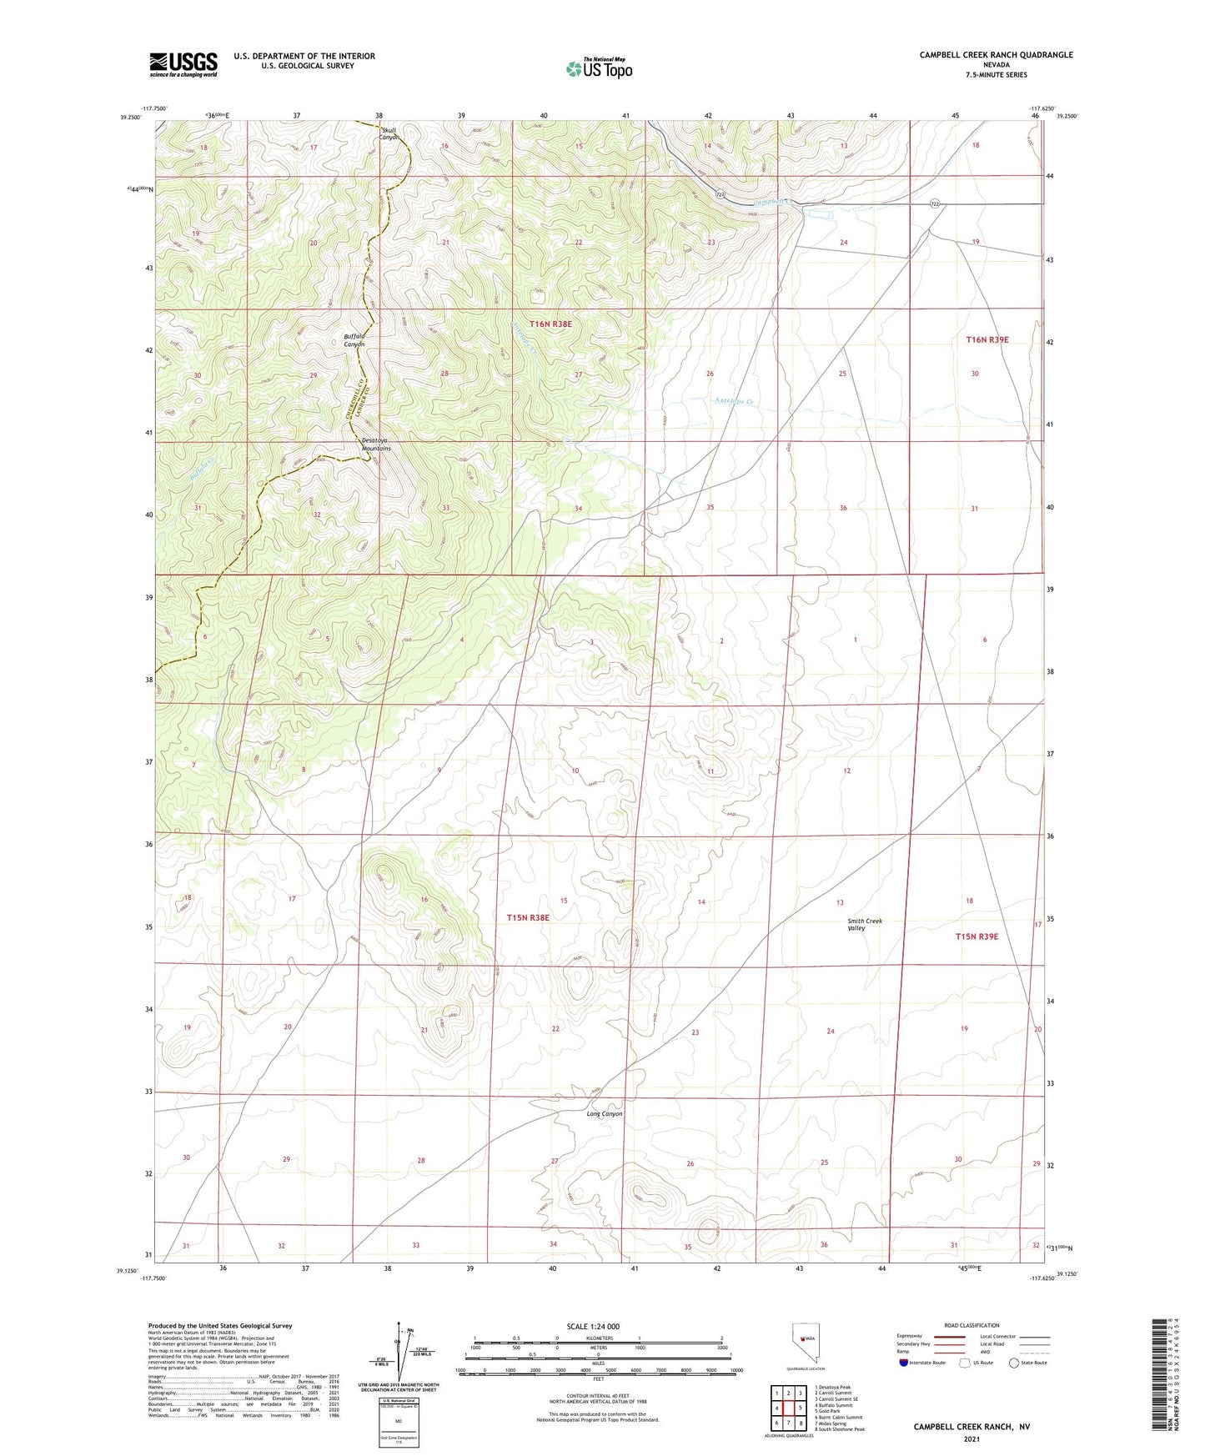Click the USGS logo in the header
pos(183,64)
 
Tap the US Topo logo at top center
pos(599,68)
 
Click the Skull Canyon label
pos(389,133)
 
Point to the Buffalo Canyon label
pos(354,340)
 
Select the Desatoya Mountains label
pos(376,444)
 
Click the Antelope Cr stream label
pos(734,401)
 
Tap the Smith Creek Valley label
pos(864,924)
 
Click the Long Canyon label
pos(605,1114)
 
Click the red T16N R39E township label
pos(987,339)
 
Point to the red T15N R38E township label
pos(528,917)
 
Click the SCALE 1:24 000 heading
pos(593,1326)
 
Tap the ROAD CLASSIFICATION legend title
pos(972,1325)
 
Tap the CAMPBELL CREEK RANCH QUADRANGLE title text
pos(996,55)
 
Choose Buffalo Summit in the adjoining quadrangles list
pos(833,1405)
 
